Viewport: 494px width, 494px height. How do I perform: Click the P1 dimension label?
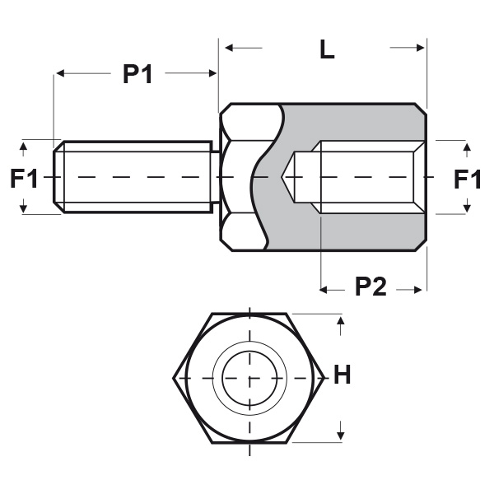137,74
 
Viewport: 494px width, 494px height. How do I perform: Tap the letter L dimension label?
327,49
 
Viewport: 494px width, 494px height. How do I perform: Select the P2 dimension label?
370,287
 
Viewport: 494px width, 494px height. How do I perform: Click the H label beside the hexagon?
343,376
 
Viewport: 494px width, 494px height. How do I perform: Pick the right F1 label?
468,179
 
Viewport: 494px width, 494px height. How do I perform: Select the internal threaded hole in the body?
366,177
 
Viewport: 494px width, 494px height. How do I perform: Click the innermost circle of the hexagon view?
249,378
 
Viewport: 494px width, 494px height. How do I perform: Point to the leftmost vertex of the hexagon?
174,378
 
